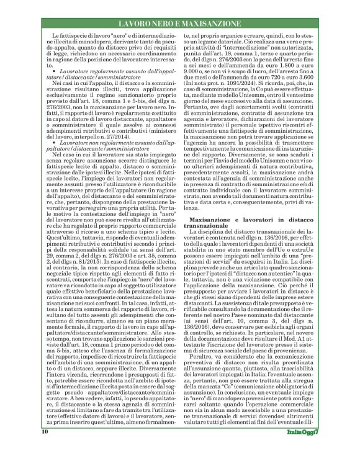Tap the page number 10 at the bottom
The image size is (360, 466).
pos(45,448)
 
